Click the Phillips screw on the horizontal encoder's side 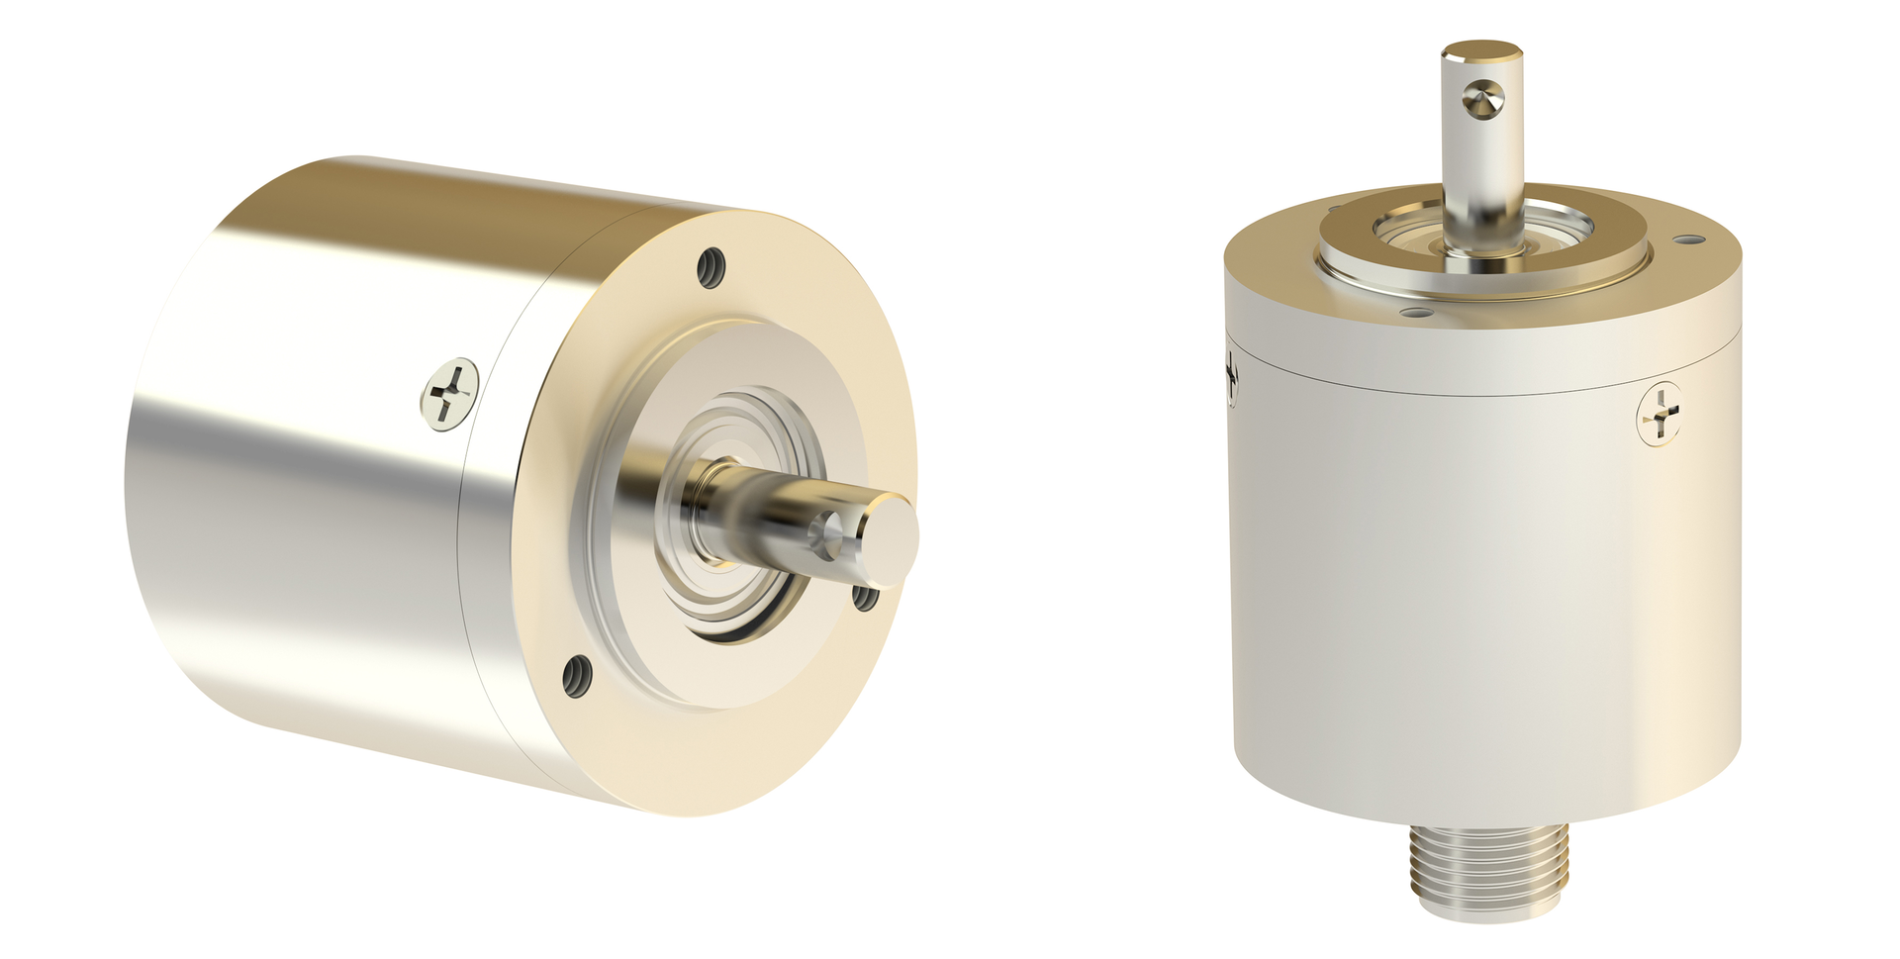click(450, 392)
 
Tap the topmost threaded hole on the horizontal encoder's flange click(712, 267)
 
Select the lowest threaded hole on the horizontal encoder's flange click(577, 677)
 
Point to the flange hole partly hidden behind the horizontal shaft click(864, 597)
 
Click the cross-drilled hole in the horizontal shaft click(827, 534)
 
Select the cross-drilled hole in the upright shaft click(1482, 99)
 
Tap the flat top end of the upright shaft click(1481, 49)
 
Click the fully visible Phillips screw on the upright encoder click(1660, 414)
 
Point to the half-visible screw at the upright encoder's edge click(1232, 376)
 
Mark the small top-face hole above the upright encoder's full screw click(1690, 240)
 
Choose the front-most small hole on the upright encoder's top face click(1417, 313)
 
